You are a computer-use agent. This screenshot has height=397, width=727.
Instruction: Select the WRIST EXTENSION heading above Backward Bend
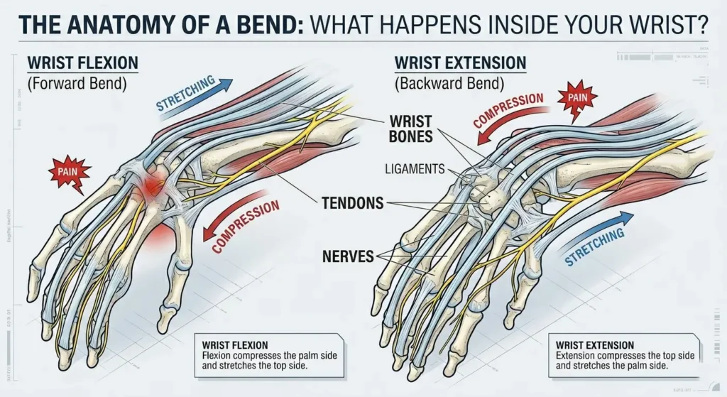(x=460, y=62)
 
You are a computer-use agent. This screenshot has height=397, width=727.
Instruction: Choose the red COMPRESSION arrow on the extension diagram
(x=508, y=114)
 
